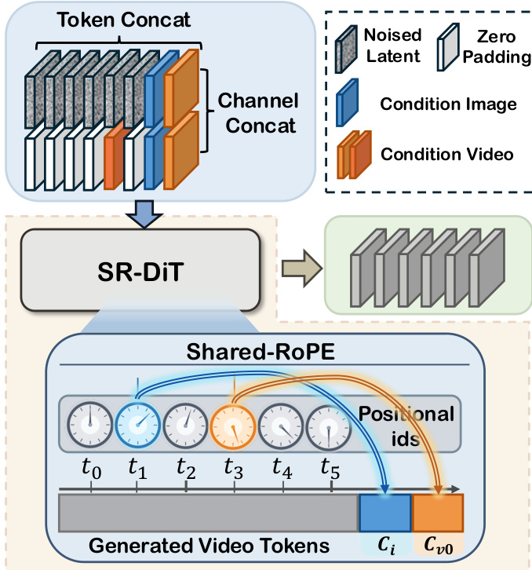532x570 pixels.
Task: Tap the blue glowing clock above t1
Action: (x=138, y=425)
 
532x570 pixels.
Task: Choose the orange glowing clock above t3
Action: (x=234, y=425)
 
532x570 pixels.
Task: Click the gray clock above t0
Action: (x=91, y=425)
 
